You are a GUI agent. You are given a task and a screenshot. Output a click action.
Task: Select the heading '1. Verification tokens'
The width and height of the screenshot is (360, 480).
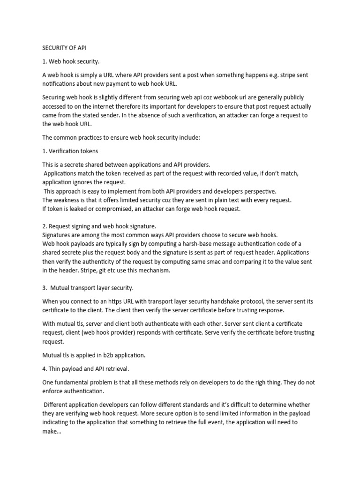click(x=70, y=151)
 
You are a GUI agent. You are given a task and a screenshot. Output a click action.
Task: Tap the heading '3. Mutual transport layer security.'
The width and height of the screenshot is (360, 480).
click(x=89, y=287)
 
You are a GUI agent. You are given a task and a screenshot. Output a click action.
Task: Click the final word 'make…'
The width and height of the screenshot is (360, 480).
click(x=52, y=431)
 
